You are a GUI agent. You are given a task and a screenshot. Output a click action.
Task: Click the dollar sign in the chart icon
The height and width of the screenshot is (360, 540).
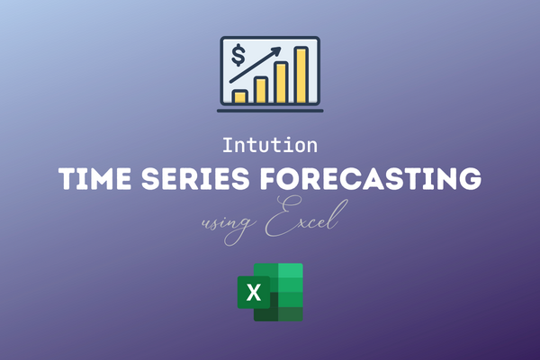[x=238, y=57]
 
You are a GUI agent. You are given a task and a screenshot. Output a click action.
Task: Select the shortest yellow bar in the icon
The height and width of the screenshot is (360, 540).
[x=239, y=95]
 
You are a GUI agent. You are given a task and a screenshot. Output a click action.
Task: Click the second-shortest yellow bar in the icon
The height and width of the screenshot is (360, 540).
[x=260, y=89]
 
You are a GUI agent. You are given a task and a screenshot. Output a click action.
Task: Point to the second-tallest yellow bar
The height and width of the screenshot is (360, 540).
[x=281, y=82]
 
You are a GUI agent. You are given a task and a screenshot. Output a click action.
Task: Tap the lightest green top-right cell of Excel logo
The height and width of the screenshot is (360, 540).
[x=291, y=272]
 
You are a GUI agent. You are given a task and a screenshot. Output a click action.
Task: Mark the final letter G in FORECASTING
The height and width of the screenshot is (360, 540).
[x=468, y=180]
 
